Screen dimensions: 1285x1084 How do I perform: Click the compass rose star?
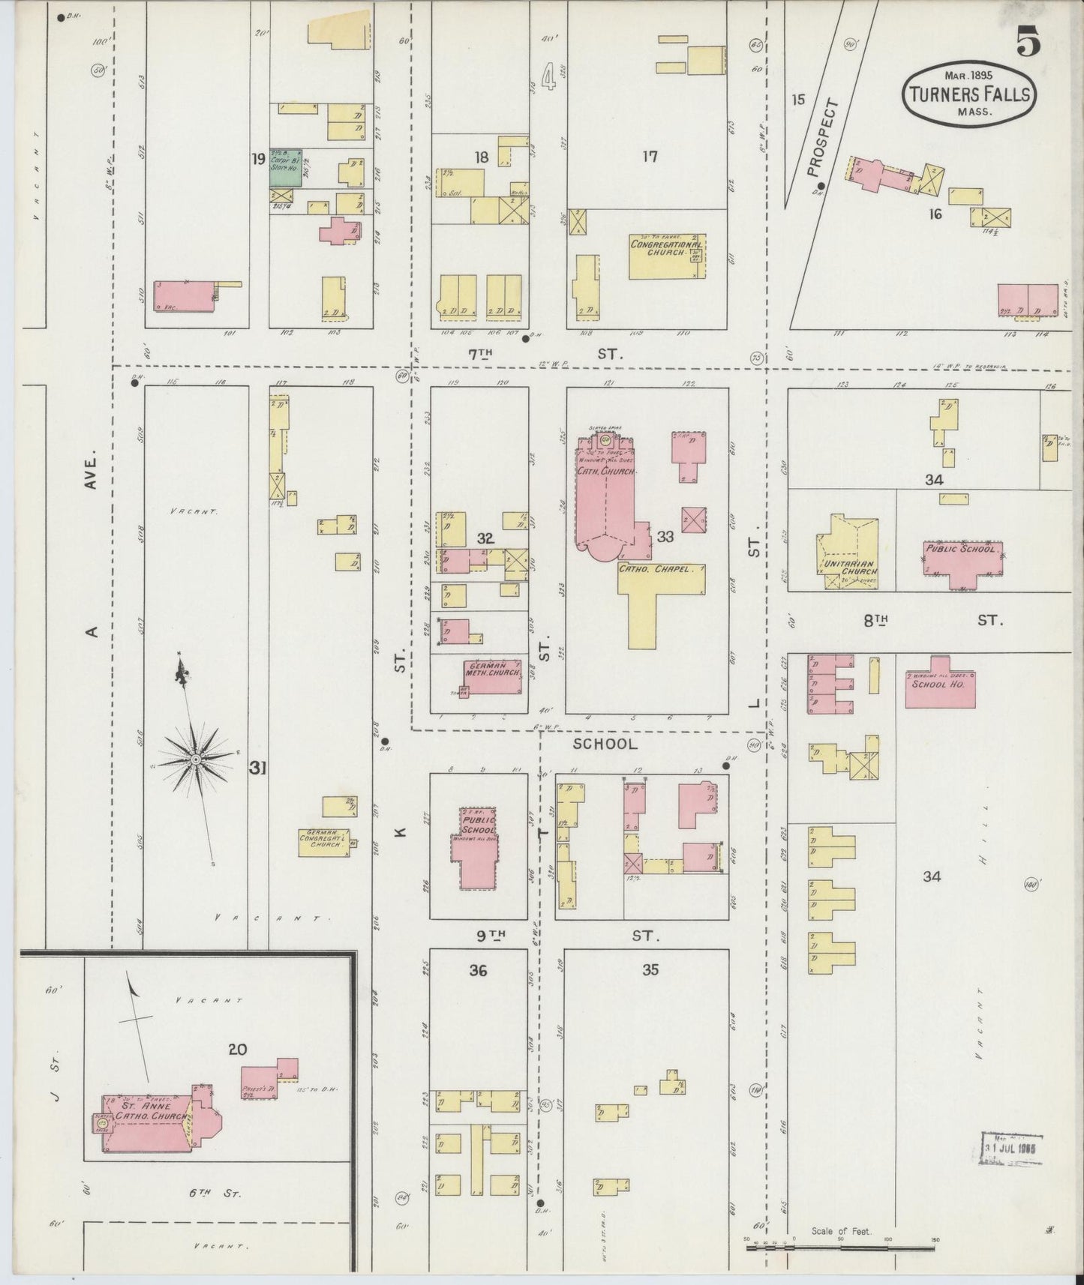click(195, 759)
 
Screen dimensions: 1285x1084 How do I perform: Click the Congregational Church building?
click(667, 256)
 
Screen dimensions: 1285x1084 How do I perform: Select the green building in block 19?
click(286, 166)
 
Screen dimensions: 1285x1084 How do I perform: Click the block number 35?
click(650, 969)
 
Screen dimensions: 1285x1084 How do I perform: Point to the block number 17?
click(650, 156)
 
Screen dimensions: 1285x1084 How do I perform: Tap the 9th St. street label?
click(570, 935)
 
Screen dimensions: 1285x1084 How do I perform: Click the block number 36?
click(478, 970)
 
